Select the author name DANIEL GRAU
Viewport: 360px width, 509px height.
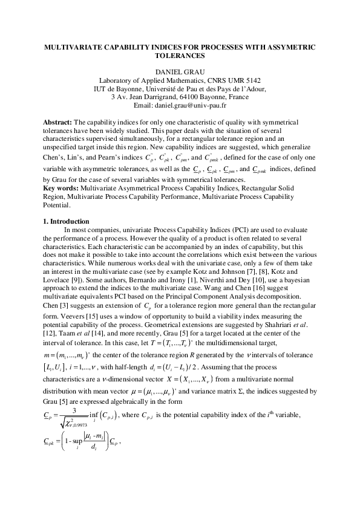pos(180,72)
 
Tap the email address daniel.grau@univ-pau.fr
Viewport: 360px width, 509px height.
pos(195,105)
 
